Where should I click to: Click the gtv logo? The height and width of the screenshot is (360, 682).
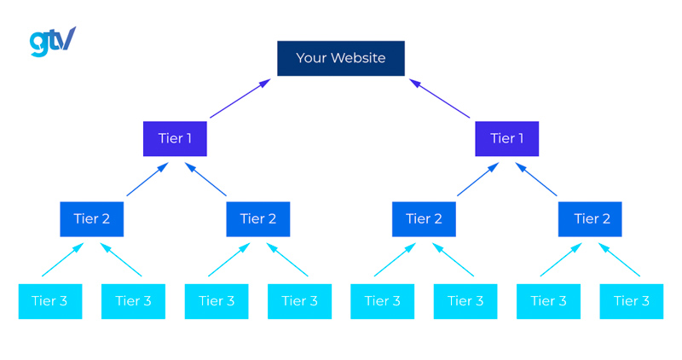pyautogui.click(x=52, y=41)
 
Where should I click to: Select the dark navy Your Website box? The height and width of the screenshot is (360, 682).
pyautogui.click(x=340, y=58)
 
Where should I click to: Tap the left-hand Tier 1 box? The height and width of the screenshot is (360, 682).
pyautogui.click(x=175, y=138)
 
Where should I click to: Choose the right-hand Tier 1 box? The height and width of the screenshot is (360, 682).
pyautogui.click(x=506, y=138)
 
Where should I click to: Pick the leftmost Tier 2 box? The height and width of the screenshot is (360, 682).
pyautogui.click(x=92, y=219)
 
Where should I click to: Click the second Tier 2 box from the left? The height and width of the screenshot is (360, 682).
pyautogui.click(x=257, y=219)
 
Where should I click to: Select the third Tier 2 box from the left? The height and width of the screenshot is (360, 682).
pyautogui.click(x=424, y=219)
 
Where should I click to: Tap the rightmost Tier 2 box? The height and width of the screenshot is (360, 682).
pyautogui.click(x=590, y=219)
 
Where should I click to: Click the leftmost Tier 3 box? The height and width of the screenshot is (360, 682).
pyautogui.click(x=50, y=301)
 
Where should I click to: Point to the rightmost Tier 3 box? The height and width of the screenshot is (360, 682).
pyautogui.click(x=632, y=301)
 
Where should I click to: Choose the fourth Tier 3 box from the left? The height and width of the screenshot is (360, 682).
pyautogui.click(x=299, y=301)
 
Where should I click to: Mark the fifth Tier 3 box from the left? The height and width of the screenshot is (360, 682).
pyautogui.click(x=382, y=301)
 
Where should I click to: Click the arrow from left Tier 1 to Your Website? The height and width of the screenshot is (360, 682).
pyautogui.click(x=240, y=98)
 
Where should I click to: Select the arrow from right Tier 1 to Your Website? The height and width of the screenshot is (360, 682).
pyautogui.click(x=440, y=98)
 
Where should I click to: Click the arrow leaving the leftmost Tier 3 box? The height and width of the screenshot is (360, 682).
pyautogui.click(x=63, y=259)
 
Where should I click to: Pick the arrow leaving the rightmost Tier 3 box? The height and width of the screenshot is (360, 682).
pyautogui.click(x=619, y=259)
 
